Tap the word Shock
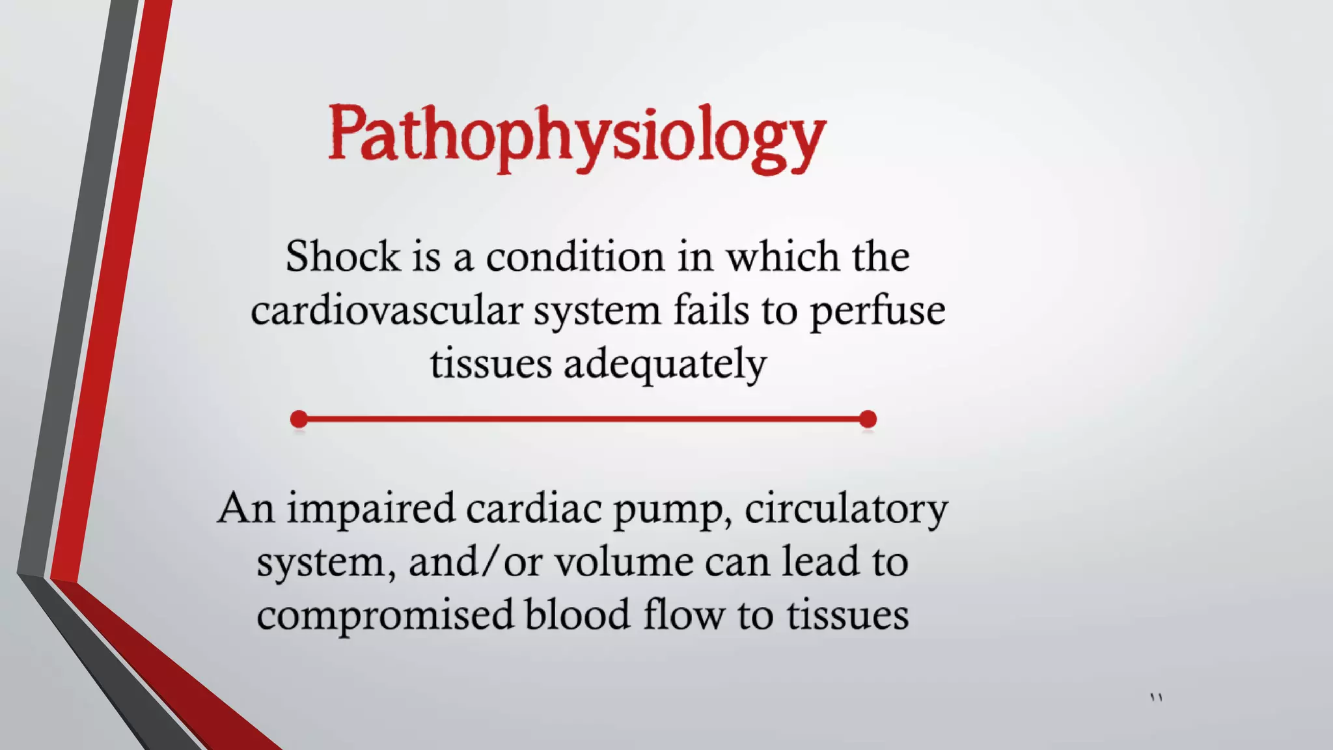(x=342, y=257)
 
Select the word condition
(x=575, y=257)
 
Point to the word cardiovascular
(x=387, y=311)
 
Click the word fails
(x=711, y=311)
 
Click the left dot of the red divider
(x=299, y=419)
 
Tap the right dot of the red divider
(x=868, y=419)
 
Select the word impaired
(x=371, y=510)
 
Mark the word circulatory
(x=846, y=510)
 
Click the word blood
(x=577, y=615)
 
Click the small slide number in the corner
(x=1156, y=698)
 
